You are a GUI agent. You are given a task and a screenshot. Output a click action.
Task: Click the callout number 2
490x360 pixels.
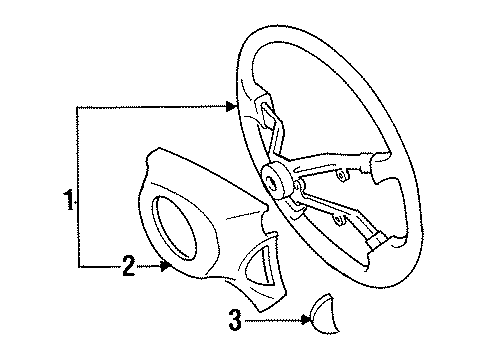coord(128,265)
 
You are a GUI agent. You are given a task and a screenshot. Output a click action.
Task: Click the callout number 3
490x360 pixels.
coord(236,321)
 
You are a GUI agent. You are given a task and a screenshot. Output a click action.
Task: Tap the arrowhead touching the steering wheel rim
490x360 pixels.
coord(231,103)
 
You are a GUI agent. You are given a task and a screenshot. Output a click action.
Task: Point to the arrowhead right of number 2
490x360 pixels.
coord(168,265)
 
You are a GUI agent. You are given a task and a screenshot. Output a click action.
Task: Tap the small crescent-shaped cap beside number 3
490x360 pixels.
coord(328,320)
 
